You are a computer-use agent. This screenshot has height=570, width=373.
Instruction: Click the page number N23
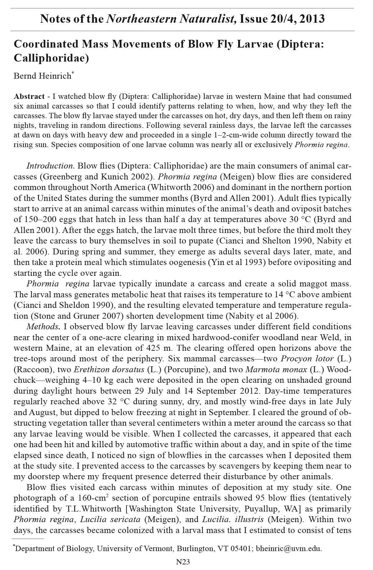pos(183,562)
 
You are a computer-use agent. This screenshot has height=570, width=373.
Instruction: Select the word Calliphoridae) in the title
pos(52,58)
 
